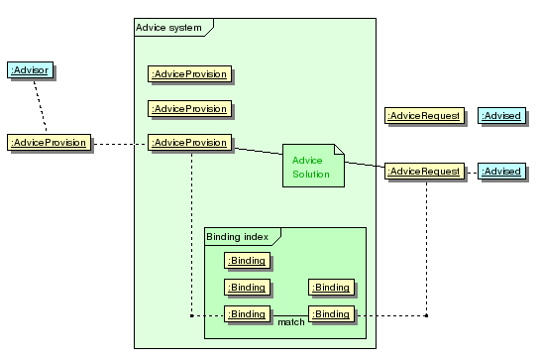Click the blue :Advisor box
[x=30, y=70]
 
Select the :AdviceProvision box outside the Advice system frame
[x=49, y=143]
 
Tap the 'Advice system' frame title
[x=168, y=28]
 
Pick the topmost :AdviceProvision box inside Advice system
[x=190, y=74]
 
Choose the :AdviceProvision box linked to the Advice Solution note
[x=190, y=143]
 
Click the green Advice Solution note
[x=313, y=166]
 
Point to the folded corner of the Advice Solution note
[x=339, y=149]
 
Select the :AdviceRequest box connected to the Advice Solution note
[x=424, y=172]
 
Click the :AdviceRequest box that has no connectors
[x=424, y=115]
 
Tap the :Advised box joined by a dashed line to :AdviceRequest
[x=501, y=172]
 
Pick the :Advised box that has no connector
[x=501, y=115]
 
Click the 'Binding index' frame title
[x=238, y=237]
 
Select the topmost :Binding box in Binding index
[x=247, y=261]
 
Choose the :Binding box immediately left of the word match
[x=247, y=314]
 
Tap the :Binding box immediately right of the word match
[x=331, y=314]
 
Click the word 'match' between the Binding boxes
[x=291, y=322]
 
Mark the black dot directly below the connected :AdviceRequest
[x=426, y=315]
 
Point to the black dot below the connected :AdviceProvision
[x=192, y=315]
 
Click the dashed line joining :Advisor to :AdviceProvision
[x=40, y=106]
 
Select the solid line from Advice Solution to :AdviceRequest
[x=365, y=165]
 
